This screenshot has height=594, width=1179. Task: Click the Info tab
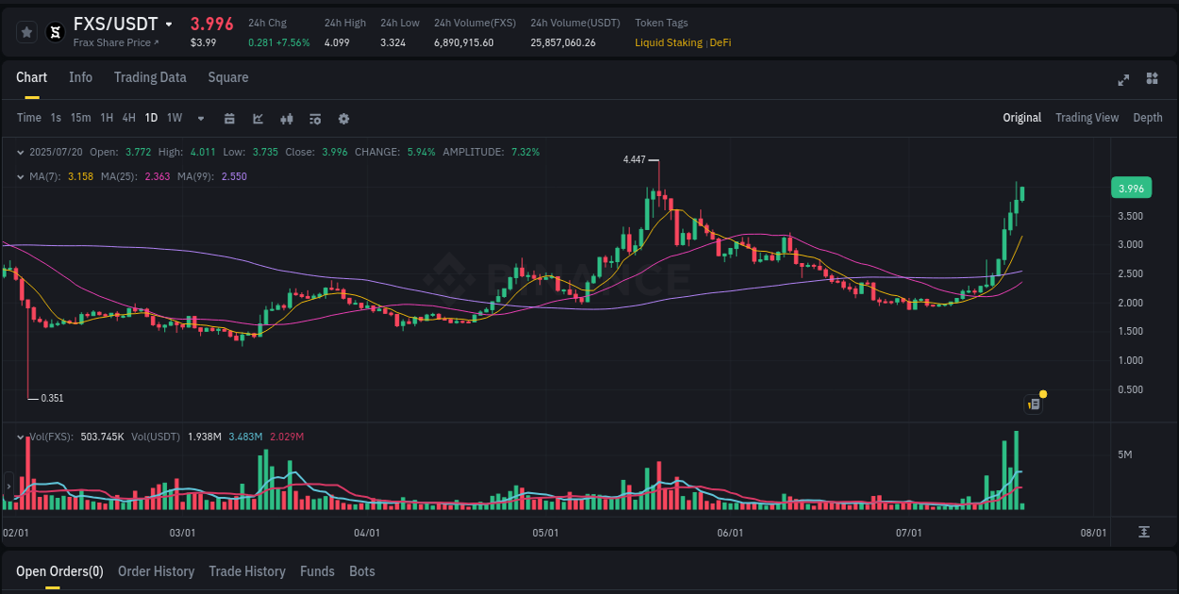[80, 77]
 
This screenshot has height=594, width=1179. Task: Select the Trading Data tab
[150, 77]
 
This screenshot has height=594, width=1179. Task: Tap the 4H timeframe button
[128, 118]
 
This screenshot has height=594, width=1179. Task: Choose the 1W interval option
[174, 118]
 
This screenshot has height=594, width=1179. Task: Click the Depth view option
[1147, 118]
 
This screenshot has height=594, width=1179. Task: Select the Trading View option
[1087, 118]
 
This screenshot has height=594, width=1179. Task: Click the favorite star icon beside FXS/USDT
[27, 32]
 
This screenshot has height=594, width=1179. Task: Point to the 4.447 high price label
[634, 160]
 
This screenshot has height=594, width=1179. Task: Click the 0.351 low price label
[52, 398]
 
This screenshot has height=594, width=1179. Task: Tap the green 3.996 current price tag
[1131, 189]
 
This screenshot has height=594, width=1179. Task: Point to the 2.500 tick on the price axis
[1130, 273]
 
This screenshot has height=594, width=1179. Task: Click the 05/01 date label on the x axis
[545, 533]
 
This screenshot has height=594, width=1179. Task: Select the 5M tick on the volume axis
[1124, 454]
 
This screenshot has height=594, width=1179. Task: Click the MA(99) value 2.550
[234, 176]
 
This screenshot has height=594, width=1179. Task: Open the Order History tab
[156, 571]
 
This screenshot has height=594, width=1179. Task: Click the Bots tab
[361, 571]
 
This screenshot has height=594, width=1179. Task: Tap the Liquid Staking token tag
[668, 42]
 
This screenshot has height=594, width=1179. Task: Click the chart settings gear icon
[343, 119]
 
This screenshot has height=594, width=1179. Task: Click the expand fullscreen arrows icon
[1123, 79]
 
